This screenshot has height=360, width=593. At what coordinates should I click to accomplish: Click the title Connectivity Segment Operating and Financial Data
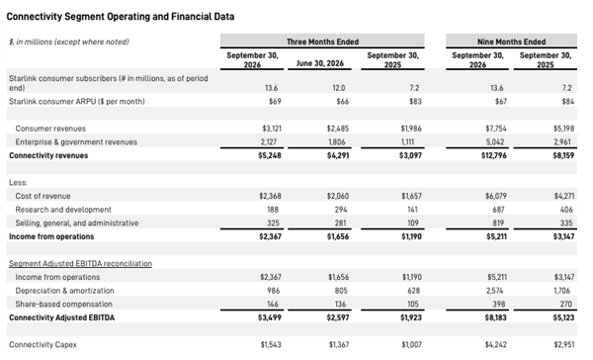point(121,17)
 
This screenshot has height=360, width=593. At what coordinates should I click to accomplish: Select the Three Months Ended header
point(322,42)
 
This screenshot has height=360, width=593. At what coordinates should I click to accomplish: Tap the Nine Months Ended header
point(511,42)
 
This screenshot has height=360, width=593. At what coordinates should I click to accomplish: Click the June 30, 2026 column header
point(320,63)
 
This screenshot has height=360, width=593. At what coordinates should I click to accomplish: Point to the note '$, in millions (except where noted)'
point(69,42)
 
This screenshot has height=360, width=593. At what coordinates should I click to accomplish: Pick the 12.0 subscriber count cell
point(339,88)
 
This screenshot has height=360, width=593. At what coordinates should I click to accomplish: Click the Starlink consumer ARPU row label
point(77,102)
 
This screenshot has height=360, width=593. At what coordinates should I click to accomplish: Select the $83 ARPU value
point(415,102)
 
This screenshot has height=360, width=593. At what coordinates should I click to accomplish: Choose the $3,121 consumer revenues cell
point(272,129)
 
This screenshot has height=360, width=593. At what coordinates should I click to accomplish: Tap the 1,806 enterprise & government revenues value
point(337,142)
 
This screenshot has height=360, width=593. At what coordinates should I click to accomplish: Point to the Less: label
point(18,182)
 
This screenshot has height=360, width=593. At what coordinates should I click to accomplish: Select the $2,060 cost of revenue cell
point(338,196)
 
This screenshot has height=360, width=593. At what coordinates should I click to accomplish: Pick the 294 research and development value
point(341,210)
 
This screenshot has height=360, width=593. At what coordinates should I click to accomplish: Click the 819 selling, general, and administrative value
point(498,223)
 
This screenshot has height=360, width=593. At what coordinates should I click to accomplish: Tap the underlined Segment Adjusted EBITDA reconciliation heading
point(81,263)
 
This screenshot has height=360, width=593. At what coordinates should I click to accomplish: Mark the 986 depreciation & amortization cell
point(273,291)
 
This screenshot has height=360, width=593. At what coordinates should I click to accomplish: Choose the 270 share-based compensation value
point(566,304)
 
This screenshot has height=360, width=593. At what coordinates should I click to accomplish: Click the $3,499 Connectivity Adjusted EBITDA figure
point(270,317)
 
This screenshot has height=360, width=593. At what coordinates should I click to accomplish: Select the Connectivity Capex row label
point(42,344)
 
